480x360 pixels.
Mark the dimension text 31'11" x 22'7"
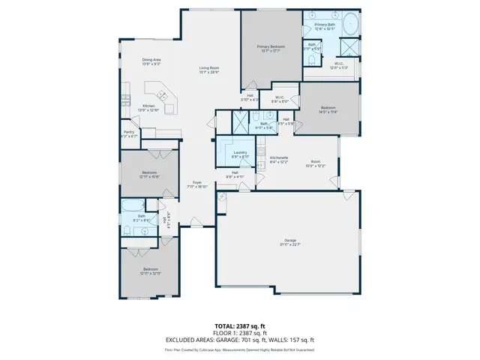[290, 244]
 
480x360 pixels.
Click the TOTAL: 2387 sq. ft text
[239, 324]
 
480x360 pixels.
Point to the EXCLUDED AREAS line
[239, 340]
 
